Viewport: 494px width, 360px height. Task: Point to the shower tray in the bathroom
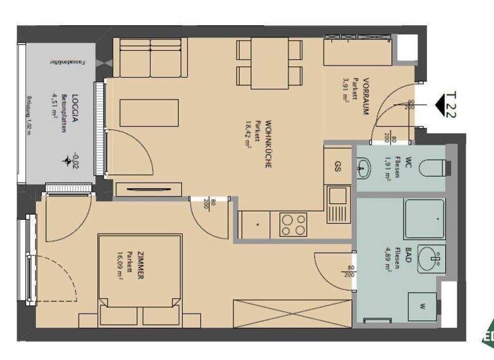click(423, 219)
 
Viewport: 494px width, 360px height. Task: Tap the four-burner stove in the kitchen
click(293, 224)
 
